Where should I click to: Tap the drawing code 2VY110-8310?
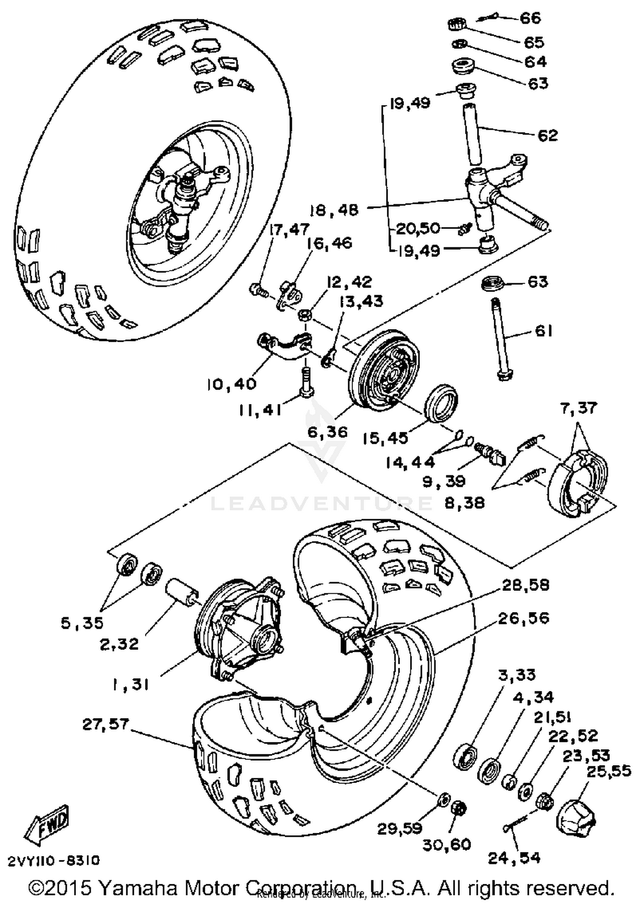[x=54, y=861]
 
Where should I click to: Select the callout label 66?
[x=530, y=18]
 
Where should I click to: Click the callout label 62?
[x=547, y=136]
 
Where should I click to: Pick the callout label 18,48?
[x=334, y=210]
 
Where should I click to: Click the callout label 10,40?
[x=231, y=383]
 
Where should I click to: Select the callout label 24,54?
[x=514, y=858]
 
